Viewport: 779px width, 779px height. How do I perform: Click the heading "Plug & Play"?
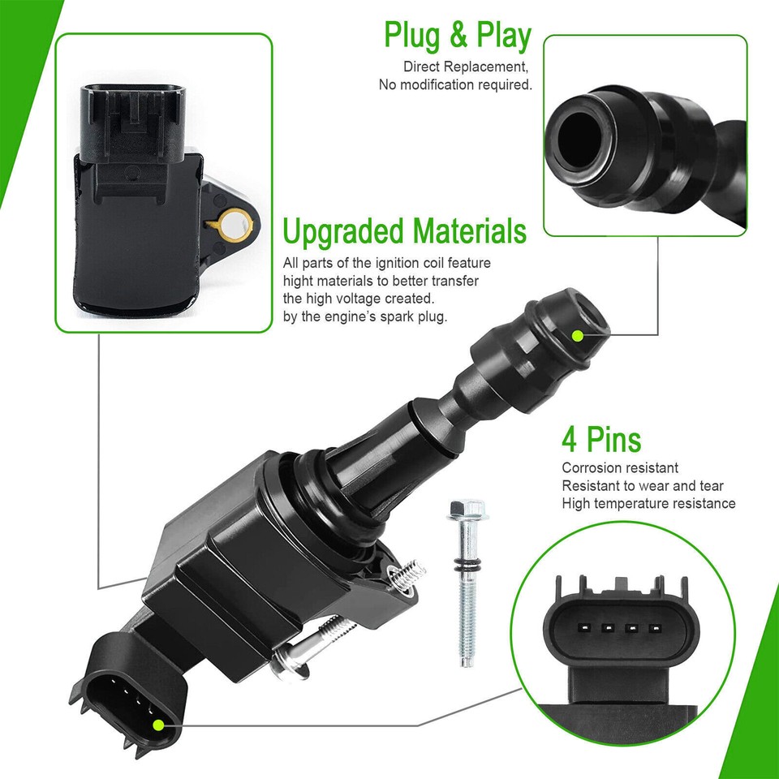point(457,36)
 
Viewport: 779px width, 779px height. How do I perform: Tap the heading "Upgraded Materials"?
point(404,231)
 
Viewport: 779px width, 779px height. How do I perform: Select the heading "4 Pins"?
point(601,440)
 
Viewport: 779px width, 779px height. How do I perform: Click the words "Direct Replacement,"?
point(467,67)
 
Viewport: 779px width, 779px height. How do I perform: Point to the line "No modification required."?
point(455,84)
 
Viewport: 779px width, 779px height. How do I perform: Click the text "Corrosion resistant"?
point(620,468)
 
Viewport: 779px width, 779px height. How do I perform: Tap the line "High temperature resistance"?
point(648,504)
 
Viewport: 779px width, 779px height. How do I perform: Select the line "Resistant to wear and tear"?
point(643,486)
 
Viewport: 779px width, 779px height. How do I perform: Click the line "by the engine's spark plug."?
point(364,316)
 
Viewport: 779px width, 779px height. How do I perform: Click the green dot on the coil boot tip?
point(577,335)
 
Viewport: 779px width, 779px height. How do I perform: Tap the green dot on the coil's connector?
point(158,724)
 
